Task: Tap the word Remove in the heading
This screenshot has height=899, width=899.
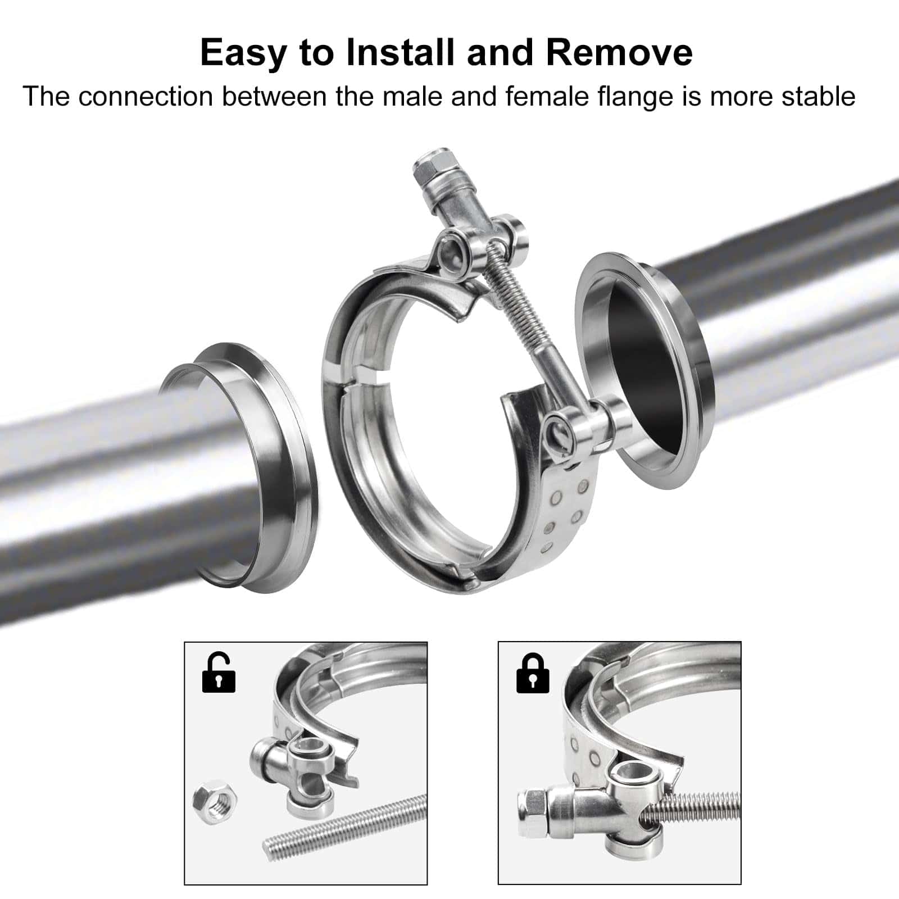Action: point(619,52)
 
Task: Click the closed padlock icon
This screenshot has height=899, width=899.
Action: point(533,673)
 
